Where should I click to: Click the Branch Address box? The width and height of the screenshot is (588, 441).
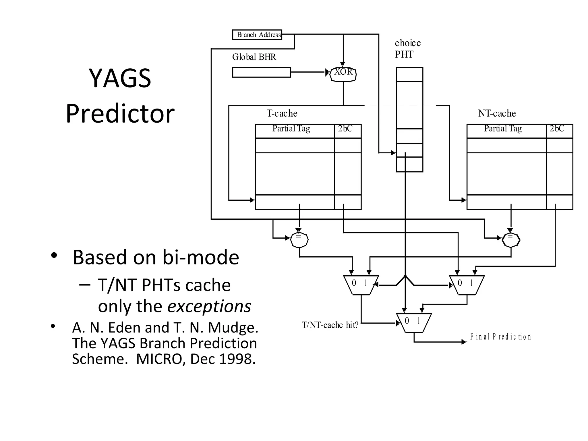coord(257,35)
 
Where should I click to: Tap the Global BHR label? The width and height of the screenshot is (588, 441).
coord(254,57)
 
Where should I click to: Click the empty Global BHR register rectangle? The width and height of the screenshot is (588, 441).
coord(261,72)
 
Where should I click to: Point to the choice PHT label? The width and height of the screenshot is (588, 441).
coord(407,49)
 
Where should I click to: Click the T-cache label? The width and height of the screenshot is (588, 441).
coord(282,113)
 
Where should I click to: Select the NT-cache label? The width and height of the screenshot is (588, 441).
coord(497,113)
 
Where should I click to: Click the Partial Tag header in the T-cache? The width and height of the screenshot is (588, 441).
coord(291,128)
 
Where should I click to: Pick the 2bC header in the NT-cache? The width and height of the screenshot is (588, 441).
coord(557,128)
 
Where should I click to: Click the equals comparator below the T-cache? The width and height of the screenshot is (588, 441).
coord(299,240)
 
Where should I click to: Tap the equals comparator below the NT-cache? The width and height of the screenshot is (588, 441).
coord(511,240)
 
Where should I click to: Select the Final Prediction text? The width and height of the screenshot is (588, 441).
coord(500,336)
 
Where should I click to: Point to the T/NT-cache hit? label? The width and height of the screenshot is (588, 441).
coord(330,325)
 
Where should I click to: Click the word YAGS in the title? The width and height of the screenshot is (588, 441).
coord(120,78)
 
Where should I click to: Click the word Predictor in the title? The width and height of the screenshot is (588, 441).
coord(120,114)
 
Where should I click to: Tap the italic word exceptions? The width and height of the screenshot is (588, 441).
coord(209,306)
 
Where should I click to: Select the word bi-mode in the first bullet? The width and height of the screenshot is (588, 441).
coord(201,257)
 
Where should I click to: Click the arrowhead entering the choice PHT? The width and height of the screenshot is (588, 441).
coord(393,153)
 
